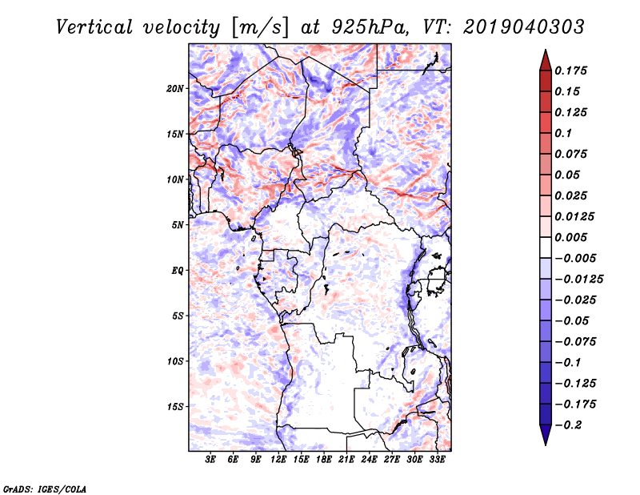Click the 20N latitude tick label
175,89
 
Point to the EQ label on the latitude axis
178,271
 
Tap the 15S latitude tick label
175,407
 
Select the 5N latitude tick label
178,225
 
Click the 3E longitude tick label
210,459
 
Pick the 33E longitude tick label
437,459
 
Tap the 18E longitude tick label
324,459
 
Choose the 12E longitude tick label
278,459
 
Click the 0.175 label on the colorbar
570,70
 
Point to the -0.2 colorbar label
568,425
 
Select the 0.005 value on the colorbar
570,237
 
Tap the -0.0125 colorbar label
578,280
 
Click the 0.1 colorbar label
563,133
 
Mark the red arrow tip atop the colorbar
546,50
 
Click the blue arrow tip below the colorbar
546,445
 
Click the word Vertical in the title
94,27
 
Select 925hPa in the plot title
370,27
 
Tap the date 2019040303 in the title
524,27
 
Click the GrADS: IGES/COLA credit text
45,489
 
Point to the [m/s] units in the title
259,28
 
